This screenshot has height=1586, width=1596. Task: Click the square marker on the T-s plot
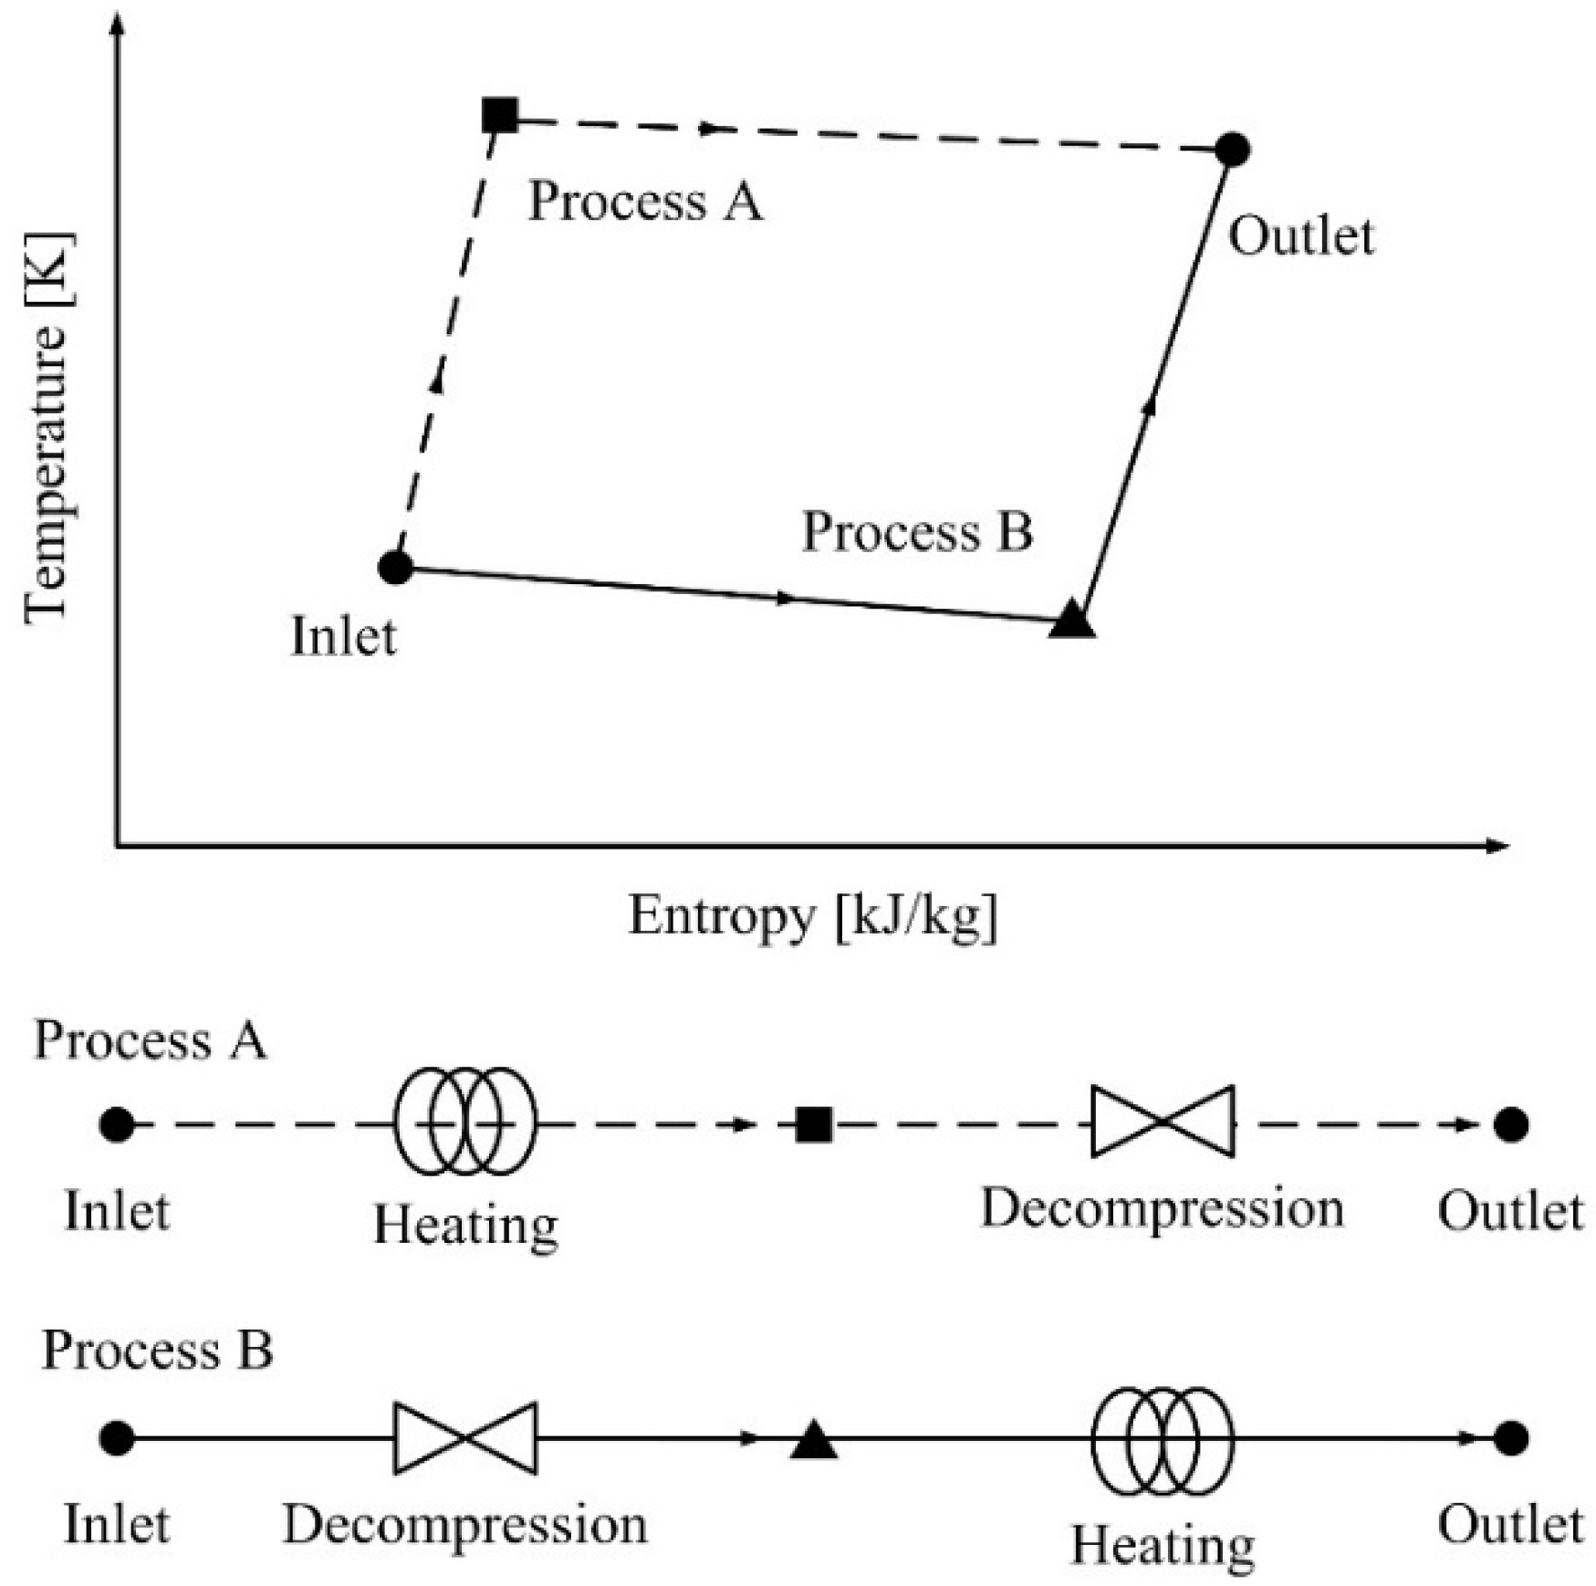coord(499,115)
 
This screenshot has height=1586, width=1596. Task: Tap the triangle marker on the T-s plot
coord(1071,619)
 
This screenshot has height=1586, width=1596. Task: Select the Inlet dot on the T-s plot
coord(395,567)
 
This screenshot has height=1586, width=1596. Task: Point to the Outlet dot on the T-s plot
coord(1232,149)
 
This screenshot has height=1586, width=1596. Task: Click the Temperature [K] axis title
coord(46,429)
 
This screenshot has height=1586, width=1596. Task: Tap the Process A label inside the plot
coord(645,201)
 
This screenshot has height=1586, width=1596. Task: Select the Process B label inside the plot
coord(917,531)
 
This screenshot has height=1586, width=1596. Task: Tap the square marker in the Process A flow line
coord(813,1124)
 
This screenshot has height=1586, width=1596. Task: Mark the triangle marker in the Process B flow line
coord(813,1440)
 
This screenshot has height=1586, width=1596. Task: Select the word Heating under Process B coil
coord(1162,1544)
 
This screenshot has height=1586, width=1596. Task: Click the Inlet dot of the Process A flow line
coord(117,1124)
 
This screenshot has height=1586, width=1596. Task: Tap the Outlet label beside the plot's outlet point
coord(1300,236)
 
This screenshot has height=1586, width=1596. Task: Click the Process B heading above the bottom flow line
coord(157,1350)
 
